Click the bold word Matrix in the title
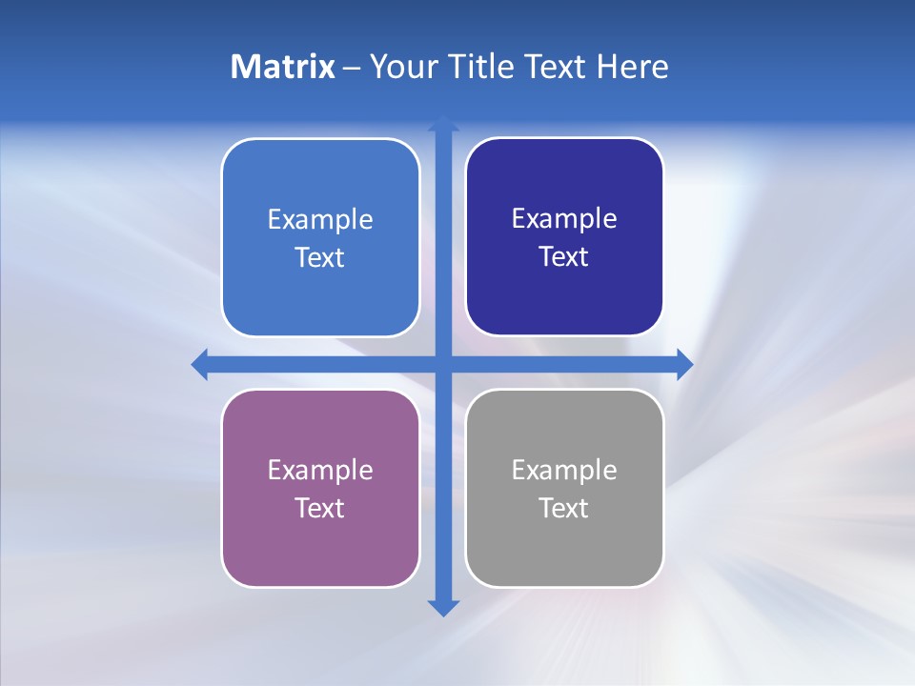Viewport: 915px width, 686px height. [x=282, y=67]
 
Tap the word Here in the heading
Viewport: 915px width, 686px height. [x=633, y=67]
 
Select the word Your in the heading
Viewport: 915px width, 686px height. [x=402, y=67]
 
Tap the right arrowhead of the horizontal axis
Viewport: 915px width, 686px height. [x=684, y=364]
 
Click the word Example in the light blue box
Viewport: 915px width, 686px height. [x=320, y=220]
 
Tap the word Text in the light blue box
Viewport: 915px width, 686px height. [x=320, y=258]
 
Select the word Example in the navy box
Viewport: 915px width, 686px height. [x=564, y=219]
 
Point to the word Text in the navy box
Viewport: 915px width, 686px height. [x=564, y=257]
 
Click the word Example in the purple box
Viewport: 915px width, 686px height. [x=320, y=471]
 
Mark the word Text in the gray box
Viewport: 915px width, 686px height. [x=564, y=509]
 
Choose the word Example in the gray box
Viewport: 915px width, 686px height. [x=564, y=471]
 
